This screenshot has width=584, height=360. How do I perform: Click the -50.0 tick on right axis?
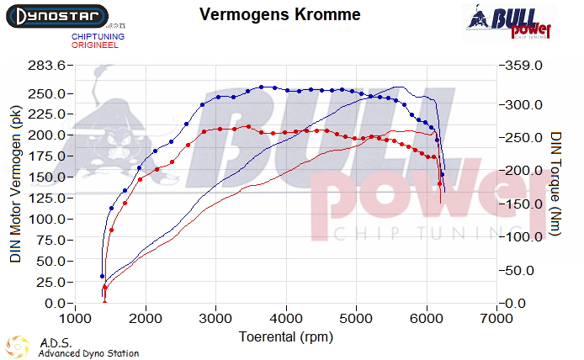[x=524, y=270]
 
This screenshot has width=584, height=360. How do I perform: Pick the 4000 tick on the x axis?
[x=286, y=320]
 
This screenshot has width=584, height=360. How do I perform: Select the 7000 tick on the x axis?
[x=496, y=320]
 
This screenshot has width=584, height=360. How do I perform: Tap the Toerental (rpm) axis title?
[x=286, y=336]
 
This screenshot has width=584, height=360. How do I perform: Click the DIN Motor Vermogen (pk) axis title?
[x=15, y=185]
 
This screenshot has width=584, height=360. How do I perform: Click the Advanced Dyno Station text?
[x=88, y=353]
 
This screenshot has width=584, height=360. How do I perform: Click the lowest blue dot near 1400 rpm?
[x=102, y=276]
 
